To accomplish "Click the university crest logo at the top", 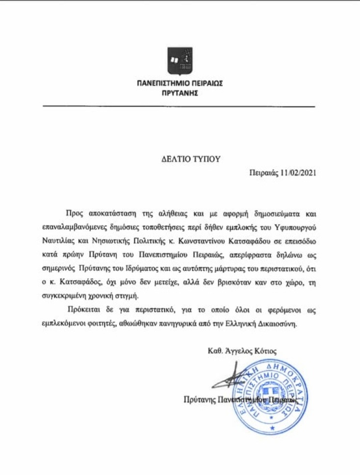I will tap(180, 60).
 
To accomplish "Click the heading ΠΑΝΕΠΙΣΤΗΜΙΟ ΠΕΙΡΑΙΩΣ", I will tap(180, 83).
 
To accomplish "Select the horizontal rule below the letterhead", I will tap(179, 106).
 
